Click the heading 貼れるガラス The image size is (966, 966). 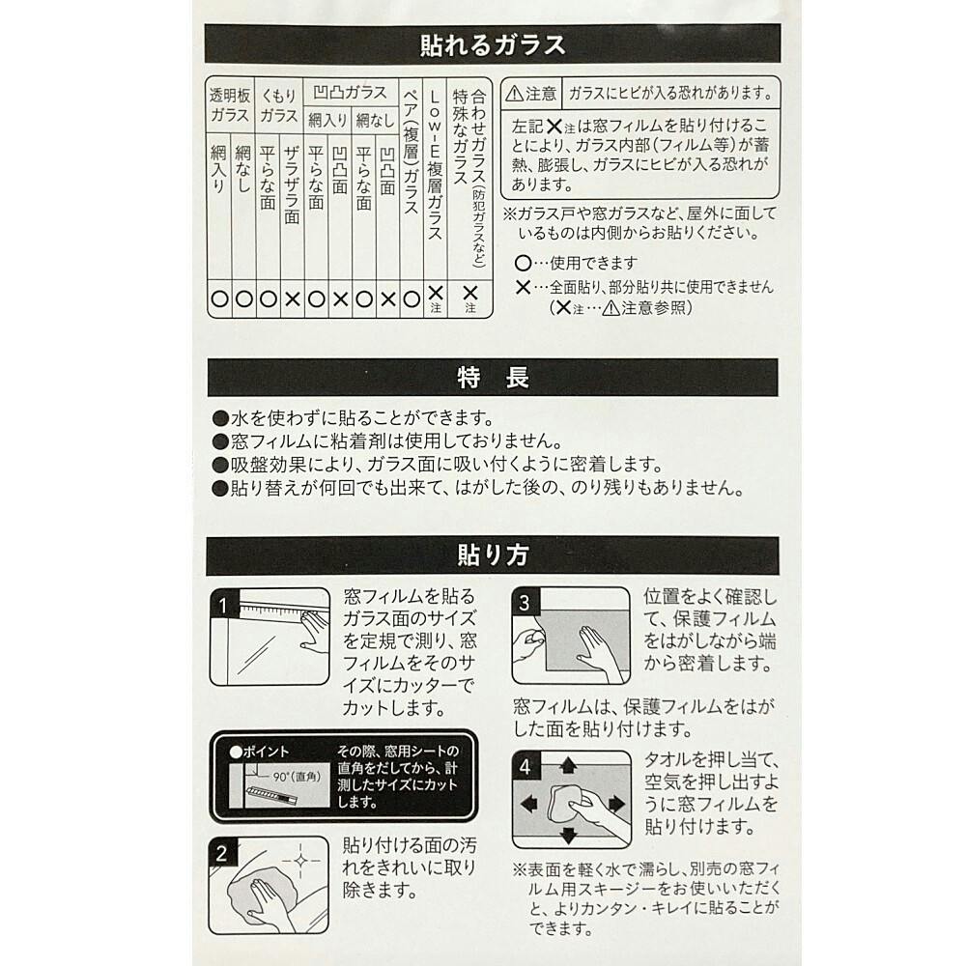493,44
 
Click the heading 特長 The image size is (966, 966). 493,377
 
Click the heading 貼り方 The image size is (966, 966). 493,554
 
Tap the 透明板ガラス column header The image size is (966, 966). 230,104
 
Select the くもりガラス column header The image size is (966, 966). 278,104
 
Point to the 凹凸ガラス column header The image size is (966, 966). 350,93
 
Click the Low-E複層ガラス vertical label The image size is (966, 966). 435,165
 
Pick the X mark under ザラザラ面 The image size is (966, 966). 293,299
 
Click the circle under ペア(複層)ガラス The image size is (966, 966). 412,299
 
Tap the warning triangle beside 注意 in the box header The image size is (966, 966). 515,94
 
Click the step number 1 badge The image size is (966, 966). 223,605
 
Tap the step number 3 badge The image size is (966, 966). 525,602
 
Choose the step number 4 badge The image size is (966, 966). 525,766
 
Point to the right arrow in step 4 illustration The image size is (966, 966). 616,804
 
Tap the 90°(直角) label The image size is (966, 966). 298,777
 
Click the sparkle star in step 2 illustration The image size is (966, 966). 300,860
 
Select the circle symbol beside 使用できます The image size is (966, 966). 523,263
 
